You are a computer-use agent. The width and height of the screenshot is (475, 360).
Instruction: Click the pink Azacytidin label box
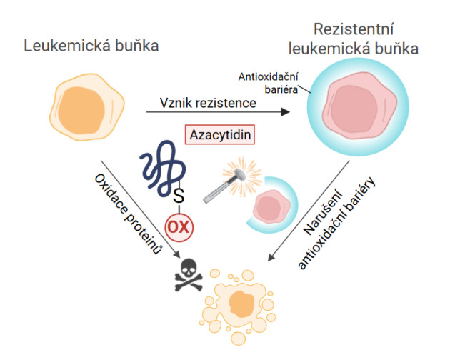pos(221,134)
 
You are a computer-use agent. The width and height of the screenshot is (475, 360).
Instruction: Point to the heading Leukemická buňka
pos(91,46)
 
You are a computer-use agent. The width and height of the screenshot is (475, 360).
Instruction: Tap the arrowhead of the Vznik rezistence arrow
pos(286,112)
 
